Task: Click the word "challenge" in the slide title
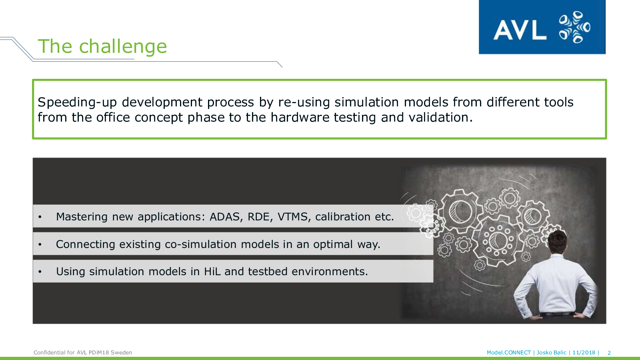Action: coord(123,46)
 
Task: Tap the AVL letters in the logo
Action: coord(520,30)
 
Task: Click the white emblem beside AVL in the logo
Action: coord(574,27)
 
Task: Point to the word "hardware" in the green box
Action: coord(300,118)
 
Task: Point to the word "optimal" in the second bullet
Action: coord(333,244)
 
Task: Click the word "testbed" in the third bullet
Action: coord(268,272)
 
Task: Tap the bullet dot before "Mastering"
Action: coord(40,217)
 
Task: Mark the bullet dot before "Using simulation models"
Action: coord(40,272)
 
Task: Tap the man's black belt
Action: coord(557,314)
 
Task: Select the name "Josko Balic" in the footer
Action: coord(552,352)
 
